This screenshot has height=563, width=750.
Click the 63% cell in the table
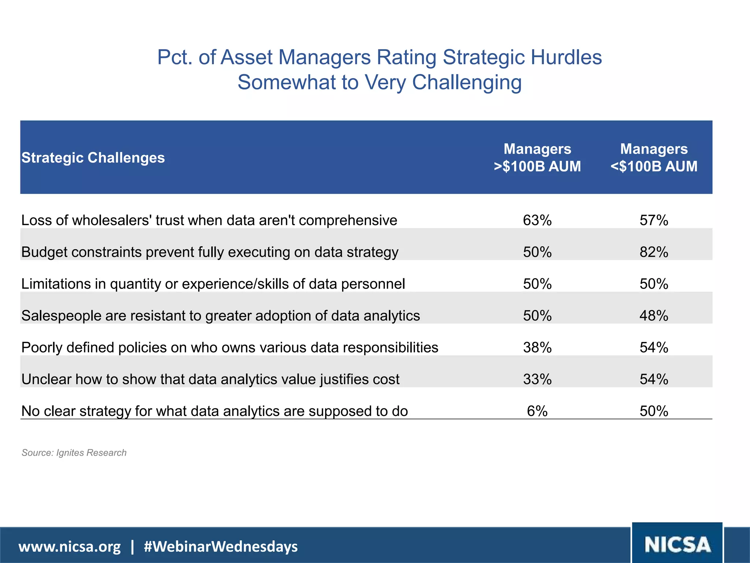tap(537, 220)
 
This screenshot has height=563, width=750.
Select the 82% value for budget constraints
tap(654, 252)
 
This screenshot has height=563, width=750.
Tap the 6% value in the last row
tap(537, 411)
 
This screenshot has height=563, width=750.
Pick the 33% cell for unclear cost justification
tap(537, 379)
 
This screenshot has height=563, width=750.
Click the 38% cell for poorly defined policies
tap(537, 347)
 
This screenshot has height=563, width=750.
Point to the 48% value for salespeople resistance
tap(654, 316)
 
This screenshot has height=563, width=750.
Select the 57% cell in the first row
tap(654, 220)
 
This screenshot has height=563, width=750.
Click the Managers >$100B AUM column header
tap(537, 158)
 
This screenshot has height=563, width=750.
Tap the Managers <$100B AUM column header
tap(654, 158)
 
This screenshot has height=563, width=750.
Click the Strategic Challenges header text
tap(93, 158)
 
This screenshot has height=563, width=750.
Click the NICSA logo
tap(677, 544)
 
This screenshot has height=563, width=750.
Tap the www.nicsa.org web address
tap(69, 547)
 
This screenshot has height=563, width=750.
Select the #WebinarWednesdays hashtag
tap(221, 547)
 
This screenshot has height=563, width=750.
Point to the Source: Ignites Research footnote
tap(74, 453)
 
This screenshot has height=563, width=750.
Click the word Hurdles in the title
tap(566, 58)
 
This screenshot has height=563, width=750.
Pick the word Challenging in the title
tap(467, 82)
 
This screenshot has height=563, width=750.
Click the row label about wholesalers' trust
tap(209, 220)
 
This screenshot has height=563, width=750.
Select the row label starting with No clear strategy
tap(215, 411)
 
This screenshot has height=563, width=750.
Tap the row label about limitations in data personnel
tap(213, 284)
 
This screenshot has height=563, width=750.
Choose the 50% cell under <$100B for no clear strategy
tap(654, 411)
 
